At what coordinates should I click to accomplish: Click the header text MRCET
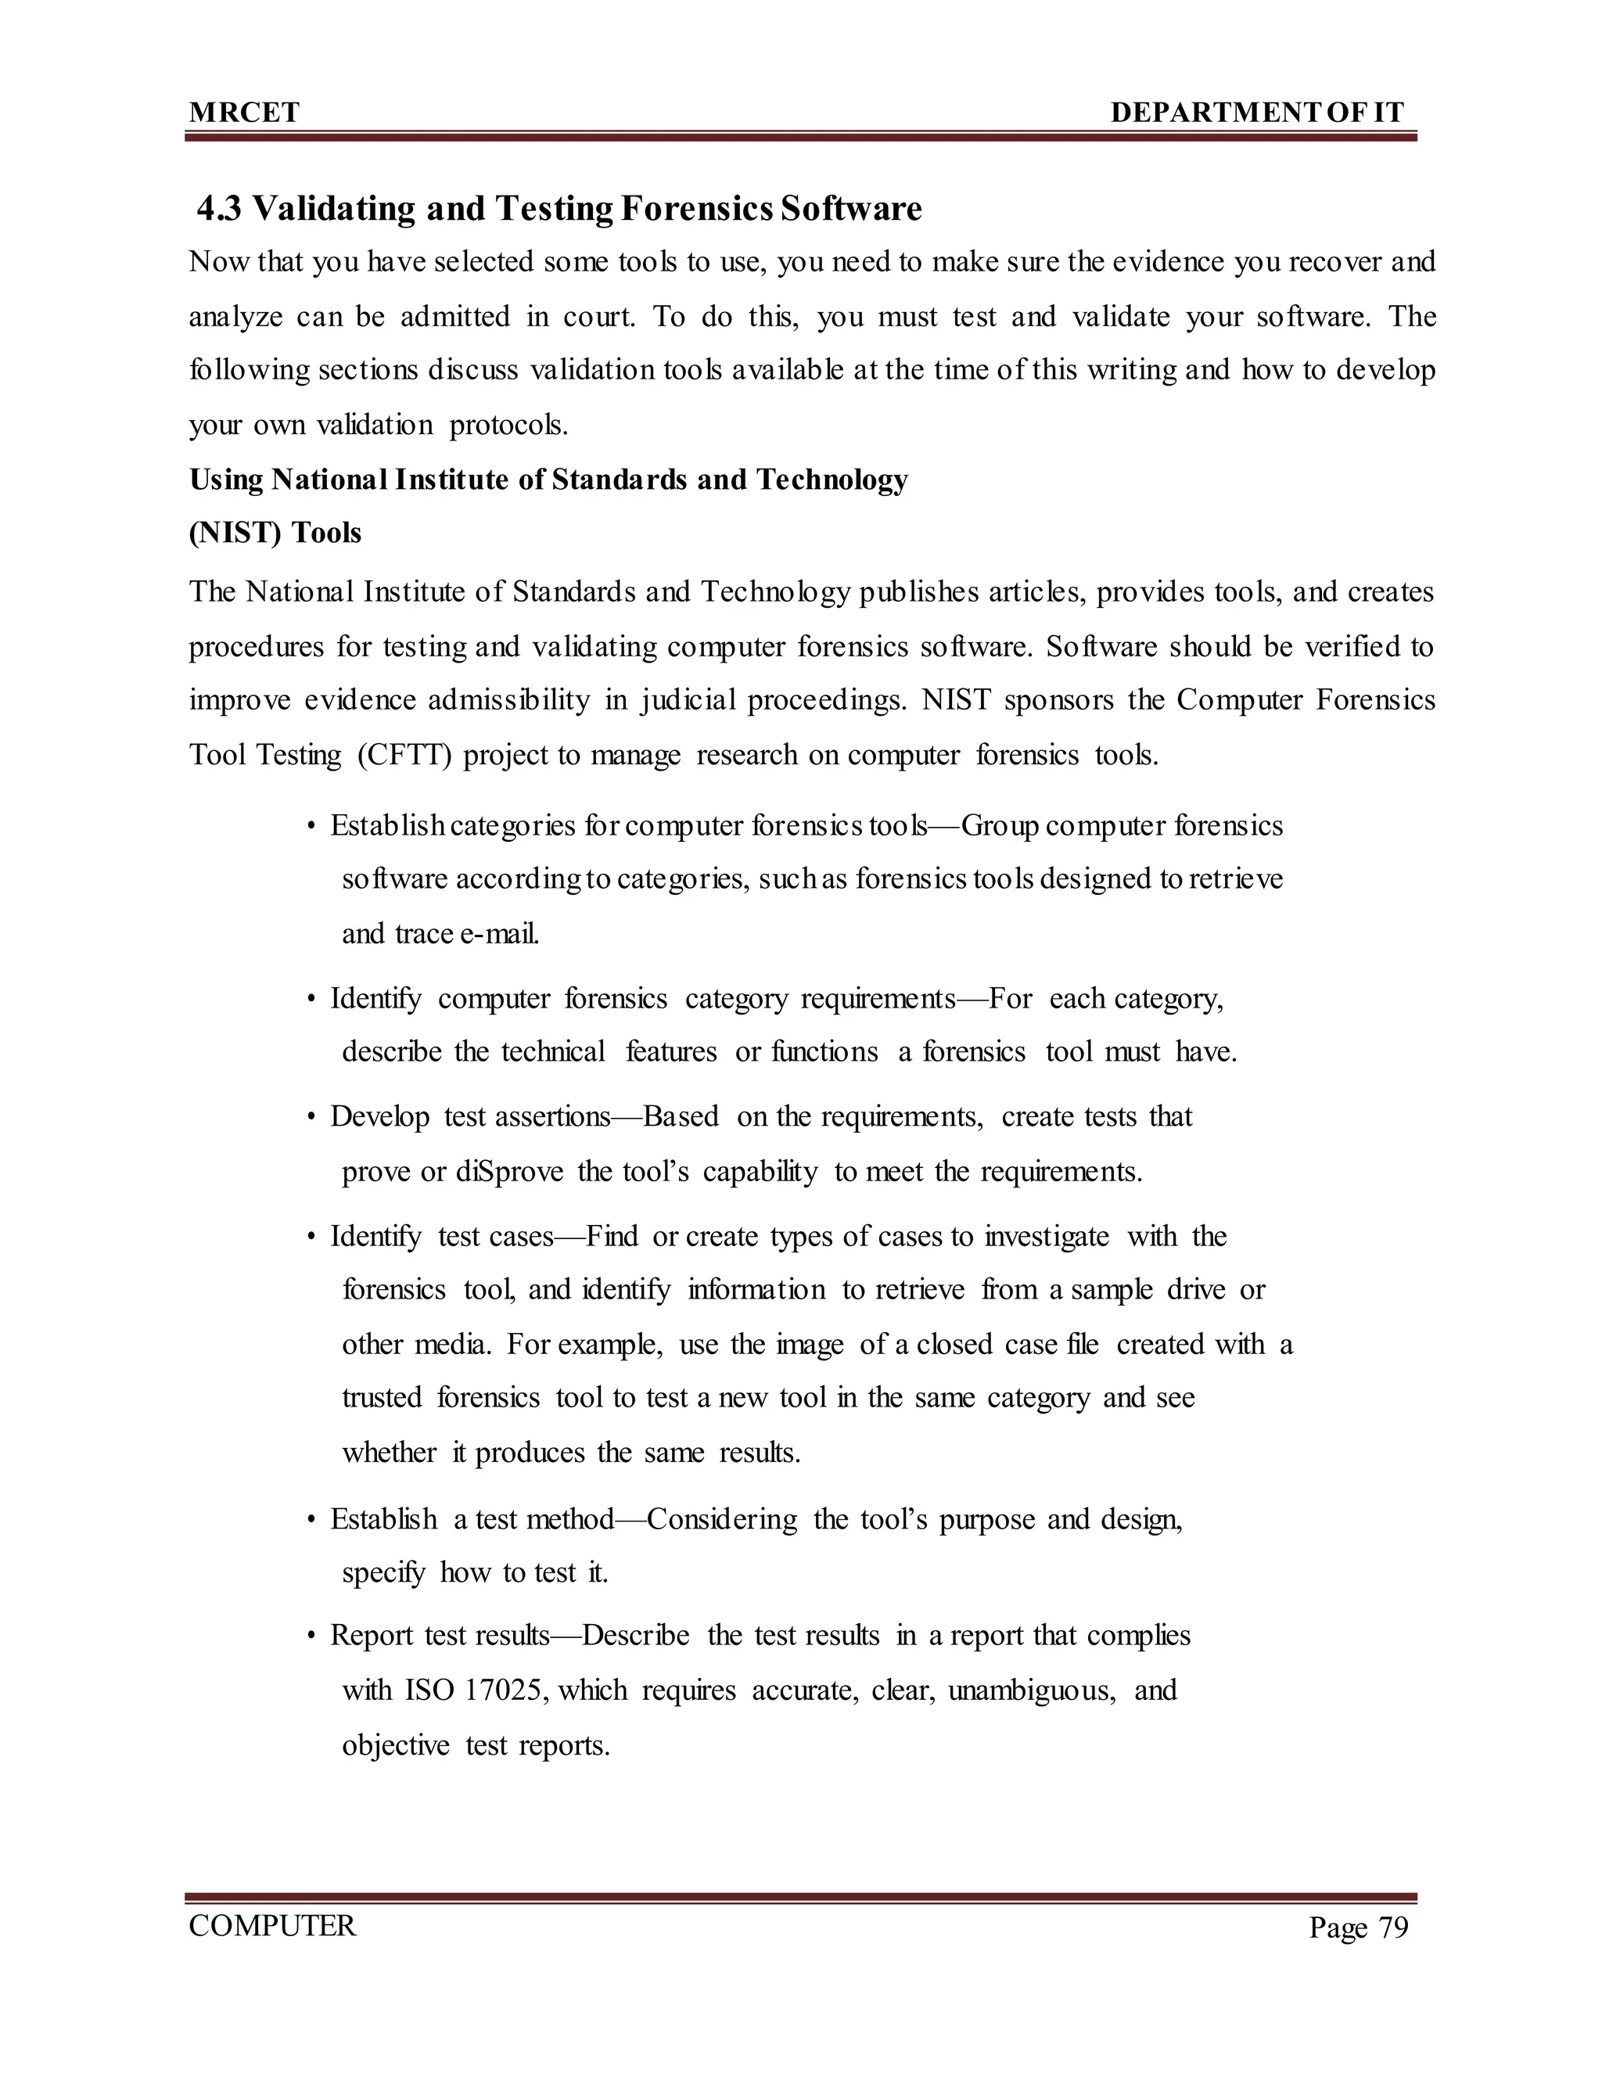(x=244, y=113)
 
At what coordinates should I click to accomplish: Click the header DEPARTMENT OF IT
(x=1256, y=113)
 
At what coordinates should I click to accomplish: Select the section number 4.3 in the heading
(x=220, y=209)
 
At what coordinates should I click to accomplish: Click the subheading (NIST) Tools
(x=275, y=533)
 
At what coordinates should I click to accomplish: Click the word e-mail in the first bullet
(x=499, y=934)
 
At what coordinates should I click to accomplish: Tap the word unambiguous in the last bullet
(x=1031, y=1690)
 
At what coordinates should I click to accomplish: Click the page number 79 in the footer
(x=1392, y=1927)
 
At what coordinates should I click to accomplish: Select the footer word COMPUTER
(x=272, y=1926)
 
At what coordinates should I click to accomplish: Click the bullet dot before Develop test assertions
(x=311, y=1118)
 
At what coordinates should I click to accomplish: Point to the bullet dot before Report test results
(x=311, y=1637)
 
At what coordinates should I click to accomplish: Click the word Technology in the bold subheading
(x=832, y=480)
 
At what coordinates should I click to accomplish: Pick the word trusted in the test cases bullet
(x=382, y=1398)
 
